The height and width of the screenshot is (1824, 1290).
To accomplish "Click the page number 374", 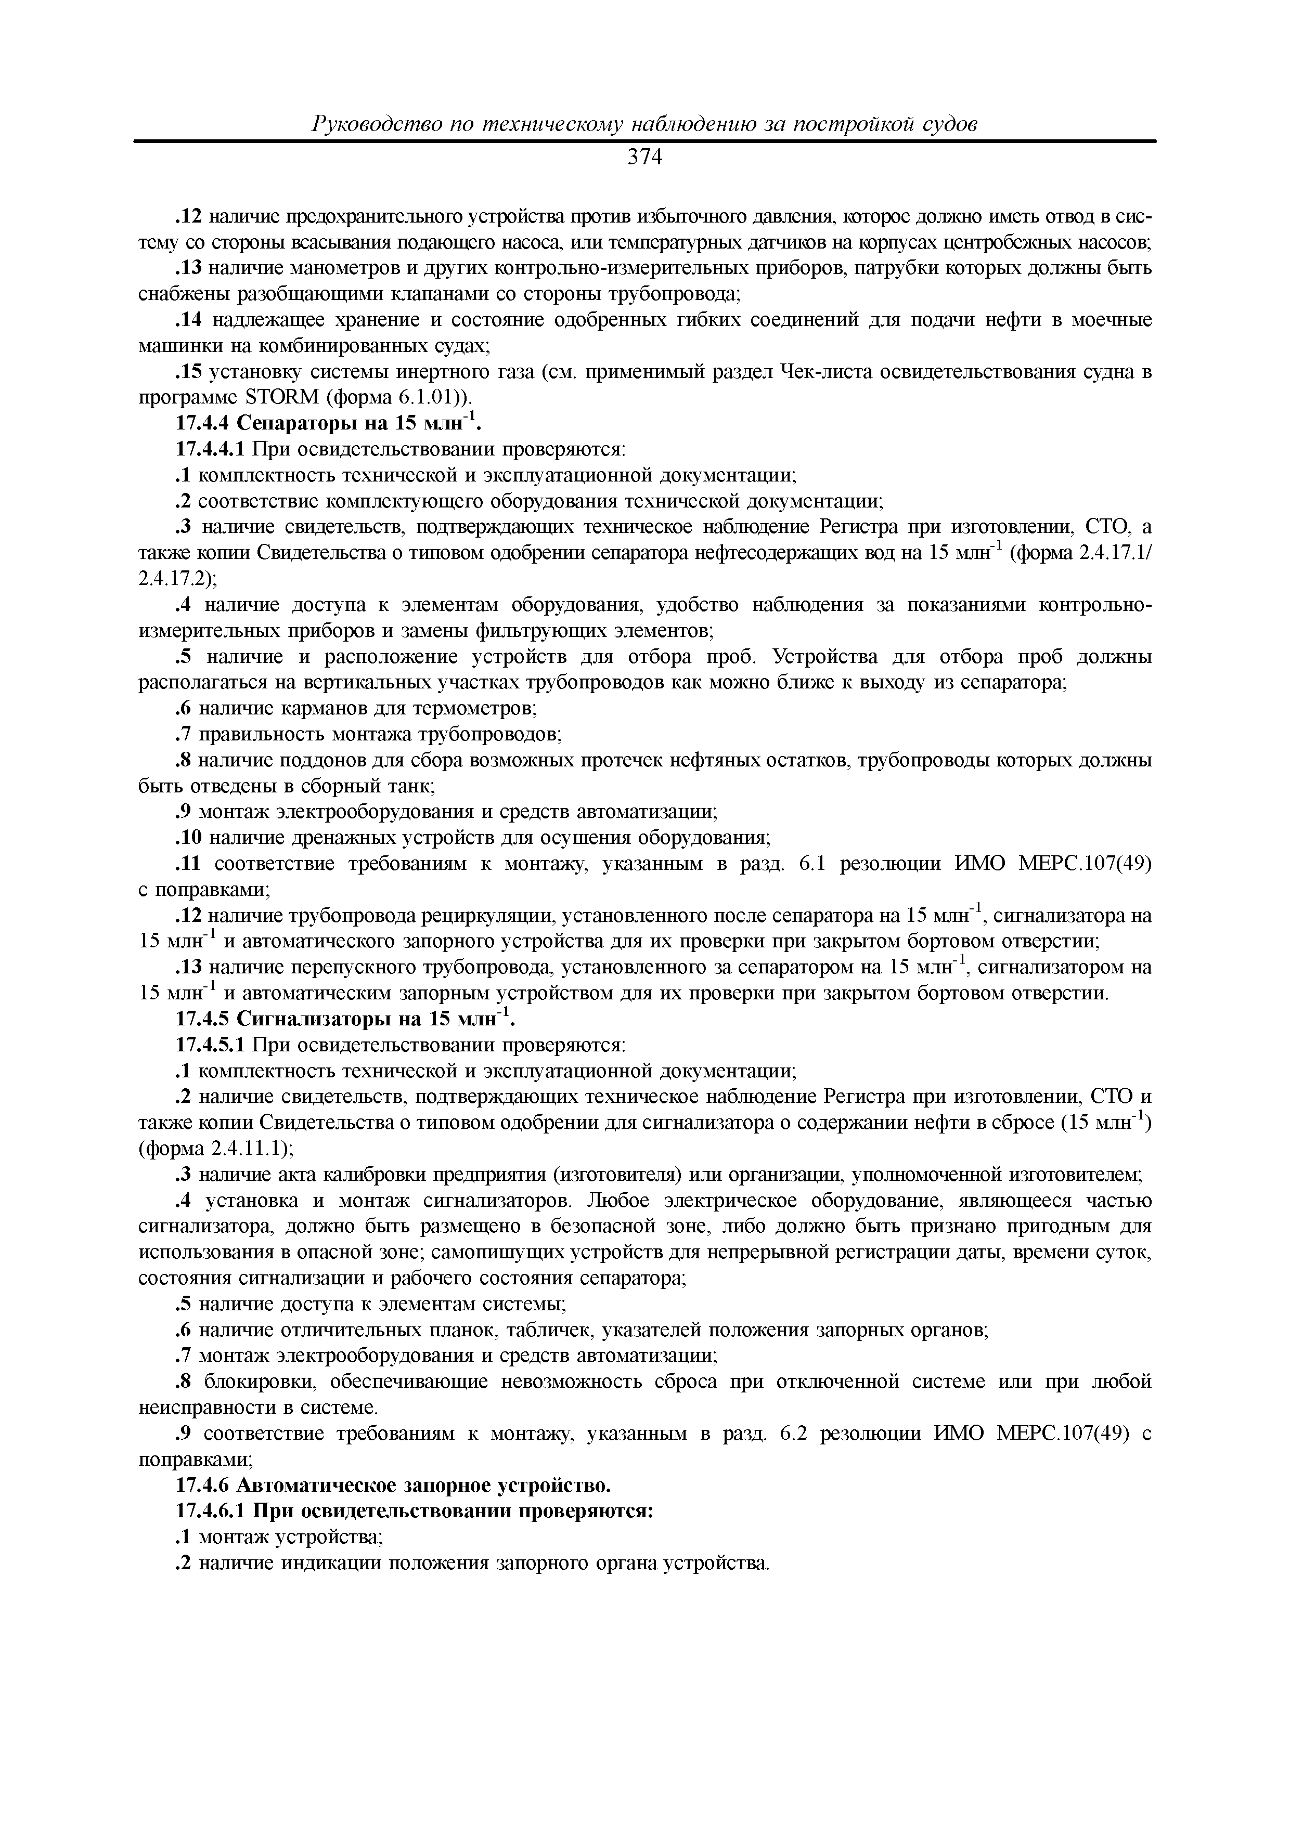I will pyautogui.click(x=644, y=158).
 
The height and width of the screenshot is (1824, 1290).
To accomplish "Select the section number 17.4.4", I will pyautogui.click(x=203, y=423).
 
